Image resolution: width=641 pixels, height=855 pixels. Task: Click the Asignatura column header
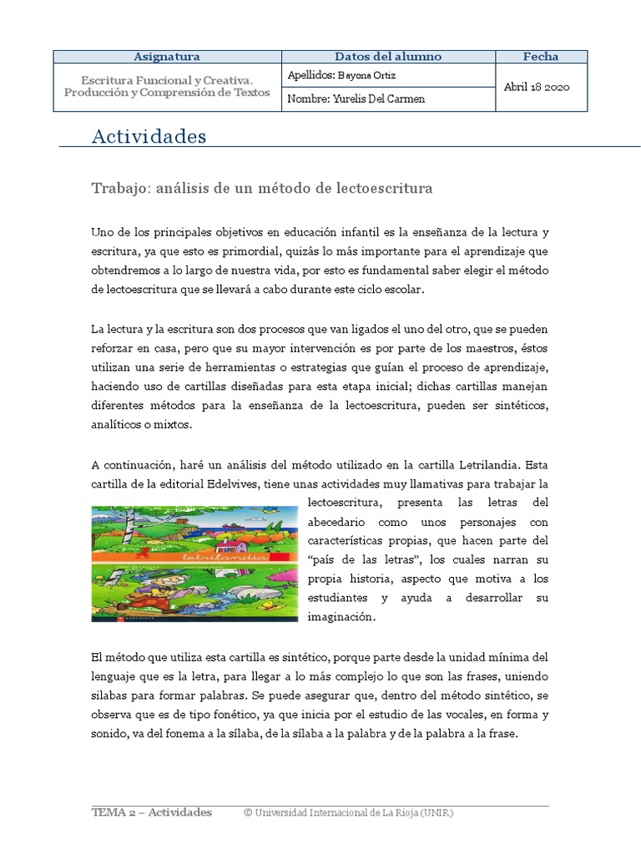pos(167,57)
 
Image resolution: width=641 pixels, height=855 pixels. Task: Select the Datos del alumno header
pos(388,57)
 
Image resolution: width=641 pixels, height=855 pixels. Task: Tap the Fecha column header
pos(541,57)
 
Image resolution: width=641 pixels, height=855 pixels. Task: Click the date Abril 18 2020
pos(537,87)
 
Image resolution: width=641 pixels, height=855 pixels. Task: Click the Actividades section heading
pos(149,136)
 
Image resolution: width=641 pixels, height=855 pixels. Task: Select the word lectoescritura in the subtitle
pos(386,189)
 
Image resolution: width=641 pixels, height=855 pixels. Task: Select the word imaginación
pos(342,618)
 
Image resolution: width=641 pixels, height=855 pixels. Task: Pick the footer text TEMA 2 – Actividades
pos(151,812)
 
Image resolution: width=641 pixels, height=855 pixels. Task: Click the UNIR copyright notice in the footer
pos(349,812)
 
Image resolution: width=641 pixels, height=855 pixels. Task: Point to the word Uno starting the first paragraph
pos(102,231)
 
